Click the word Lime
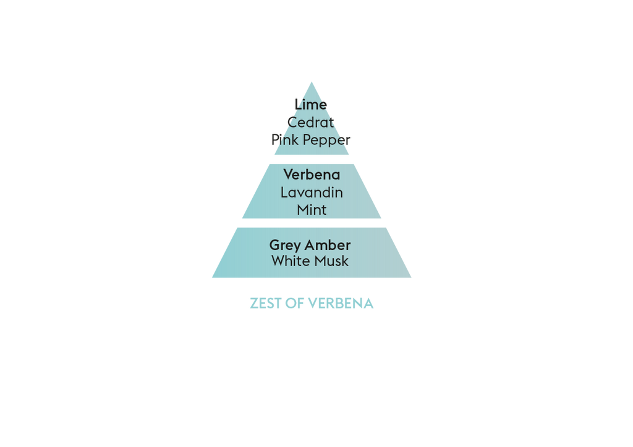click(310, 104)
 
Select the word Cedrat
click(310, 122)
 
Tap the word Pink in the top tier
click(285, 139)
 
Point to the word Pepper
click(326, 141)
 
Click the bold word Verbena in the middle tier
click(312, 175)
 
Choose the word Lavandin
click(312, 193)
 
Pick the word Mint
click(312, 210)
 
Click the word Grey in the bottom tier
click(285, 246)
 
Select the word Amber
click(328, 245)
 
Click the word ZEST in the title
click(266, 303)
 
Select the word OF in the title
click(295, 303)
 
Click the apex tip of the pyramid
click(312, 82)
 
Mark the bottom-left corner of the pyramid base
click(213, 277)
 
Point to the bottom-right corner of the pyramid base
click(411, 277)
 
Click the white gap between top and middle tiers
click(312, 159)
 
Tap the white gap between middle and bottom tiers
click(312, 223)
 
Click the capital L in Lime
click(298, 104)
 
